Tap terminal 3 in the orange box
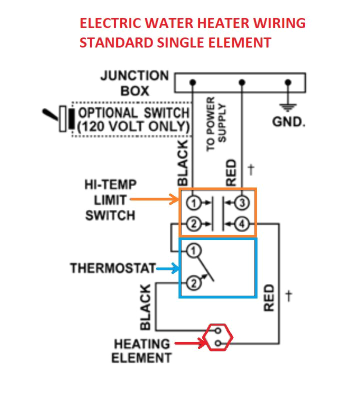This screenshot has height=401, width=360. (x=242, y=203)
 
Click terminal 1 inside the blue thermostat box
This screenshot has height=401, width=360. (x=195, y=249)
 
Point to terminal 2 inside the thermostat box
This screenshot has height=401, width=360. (x=194, y=284)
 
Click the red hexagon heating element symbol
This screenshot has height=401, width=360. (x=218, y=337)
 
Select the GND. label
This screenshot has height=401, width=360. (x=288, y=122)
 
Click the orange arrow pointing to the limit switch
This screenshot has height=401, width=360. (x=155, y=200)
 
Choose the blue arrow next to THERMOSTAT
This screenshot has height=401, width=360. (x=168, y=269)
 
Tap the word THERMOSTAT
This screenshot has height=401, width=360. (x=113, y=268)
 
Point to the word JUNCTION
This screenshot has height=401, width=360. (x=134, y=76)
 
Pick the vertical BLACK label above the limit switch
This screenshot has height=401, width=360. (x=182, y=163)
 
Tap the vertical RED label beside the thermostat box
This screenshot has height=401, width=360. (x=269, y=297)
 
